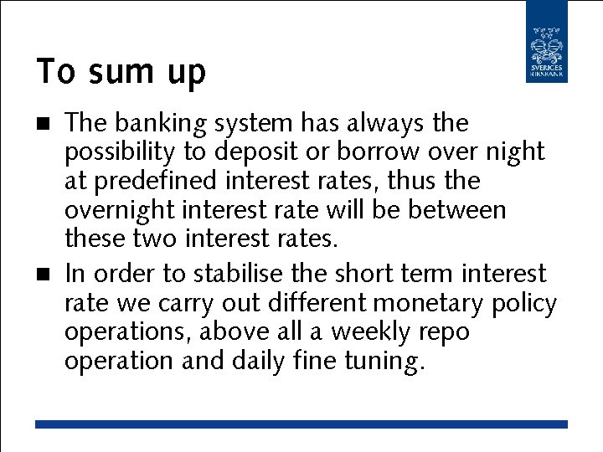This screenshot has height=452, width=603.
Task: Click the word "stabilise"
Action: pyautogui.click(x=242, y=274)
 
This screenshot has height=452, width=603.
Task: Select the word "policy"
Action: pyautogui.click(x=523, y=304)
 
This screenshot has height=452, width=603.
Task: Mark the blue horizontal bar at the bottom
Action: pyautogui.click(x=301, y=424)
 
